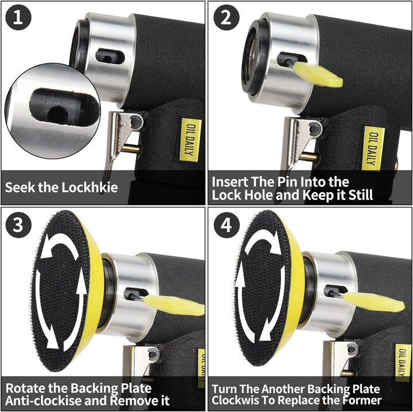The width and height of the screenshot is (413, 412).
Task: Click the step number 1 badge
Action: [18, 18]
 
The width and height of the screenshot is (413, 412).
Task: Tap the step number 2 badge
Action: [226, 18]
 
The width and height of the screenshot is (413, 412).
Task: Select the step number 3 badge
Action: [18, 225]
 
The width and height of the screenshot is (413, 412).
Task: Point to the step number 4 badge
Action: [226, 225]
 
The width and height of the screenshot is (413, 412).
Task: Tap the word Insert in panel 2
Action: [229, 182]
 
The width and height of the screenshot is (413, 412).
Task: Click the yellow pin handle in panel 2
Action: [318, 74]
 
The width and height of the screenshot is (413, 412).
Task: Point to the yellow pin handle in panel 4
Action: [374, 303]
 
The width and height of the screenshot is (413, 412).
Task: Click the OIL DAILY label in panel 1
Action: [190, 140]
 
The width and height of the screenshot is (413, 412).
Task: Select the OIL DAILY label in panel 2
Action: [373, 148]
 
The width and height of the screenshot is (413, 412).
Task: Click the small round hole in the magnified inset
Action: [57, 113]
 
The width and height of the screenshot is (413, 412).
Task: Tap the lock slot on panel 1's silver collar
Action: [110, 57]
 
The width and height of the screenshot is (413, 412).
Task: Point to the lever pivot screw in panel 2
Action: [315, 129]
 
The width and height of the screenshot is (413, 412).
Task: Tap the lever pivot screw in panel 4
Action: [352, 349]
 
